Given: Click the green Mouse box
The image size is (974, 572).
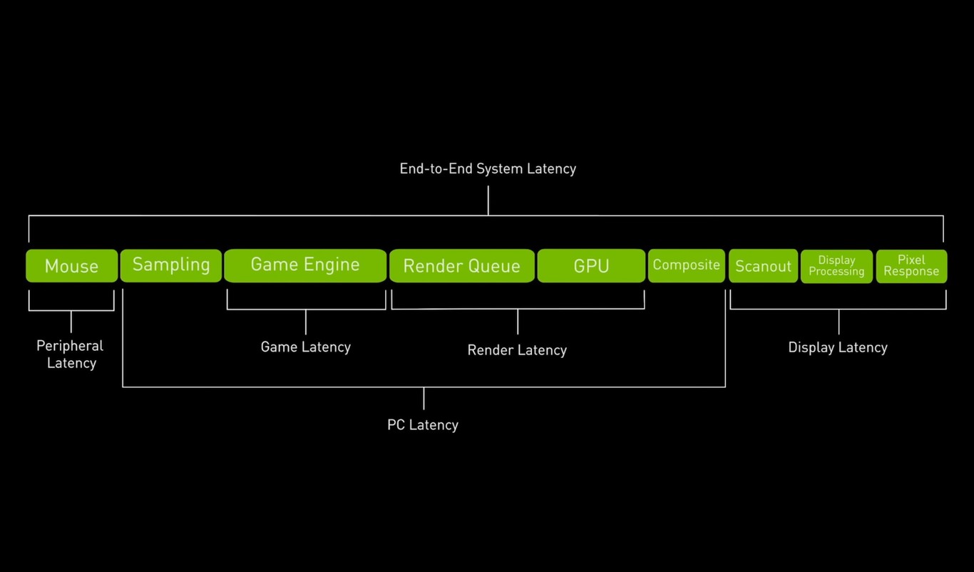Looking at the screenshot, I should coord(71,266).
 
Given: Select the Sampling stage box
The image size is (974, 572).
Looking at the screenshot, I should coord(171,265).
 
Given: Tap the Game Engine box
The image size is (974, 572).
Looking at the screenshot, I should coord(305,265).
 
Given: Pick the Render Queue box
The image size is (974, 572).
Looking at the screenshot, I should coord(461,266).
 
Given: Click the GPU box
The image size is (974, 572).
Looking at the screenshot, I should coord(591,266).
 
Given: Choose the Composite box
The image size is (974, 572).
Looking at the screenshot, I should coord(686,265).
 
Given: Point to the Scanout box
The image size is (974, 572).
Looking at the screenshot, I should coord(763,266).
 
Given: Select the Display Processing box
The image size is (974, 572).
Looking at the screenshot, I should coord(836,266).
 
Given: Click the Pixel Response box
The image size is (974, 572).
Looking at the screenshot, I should coord(911,266).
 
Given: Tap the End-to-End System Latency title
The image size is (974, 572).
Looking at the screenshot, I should coord(488,169).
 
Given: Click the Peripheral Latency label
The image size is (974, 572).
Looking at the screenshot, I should coord(71,354).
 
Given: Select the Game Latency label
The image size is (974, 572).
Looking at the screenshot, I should coord(305,347).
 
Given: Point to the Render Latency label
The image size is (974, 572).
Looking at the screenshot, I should coord(517,350).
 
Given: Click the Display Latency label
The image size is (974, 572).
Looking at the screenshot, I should coord(838,347).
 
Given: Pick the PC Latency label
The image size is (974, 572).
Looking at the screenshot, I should coord(423,425).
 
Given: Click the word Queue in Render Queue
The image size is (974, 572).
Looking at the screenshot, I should coord(493,267).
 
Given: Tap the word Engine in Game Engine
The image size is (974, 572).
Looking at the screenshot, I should coord(332,265).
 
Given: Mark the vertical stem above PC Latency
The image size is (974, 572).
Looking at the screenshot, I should coord(424,399).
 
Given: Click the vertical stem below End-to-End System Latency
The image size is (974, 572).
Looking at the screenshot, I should coord(488,200).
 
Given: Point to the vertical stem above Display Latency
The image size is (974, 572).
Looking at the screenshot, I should coord(839,322).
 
